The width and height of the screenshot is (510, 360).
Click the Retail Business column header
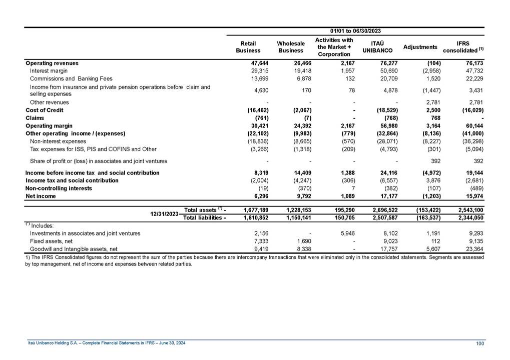[248, 47]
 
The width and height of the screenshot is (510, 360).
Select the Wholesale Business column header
[291, 47]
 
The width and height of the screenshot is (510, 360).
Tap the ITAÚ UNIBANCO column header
[377, 47]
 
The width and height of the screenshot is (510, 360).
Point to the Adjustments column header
[420, 47]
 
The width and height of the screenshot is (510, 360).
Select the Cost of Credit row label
[45, 110]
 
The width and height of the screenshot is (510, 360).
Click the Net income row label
[41, 196]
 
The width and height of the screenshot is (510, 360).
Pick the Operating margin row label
[49, 125]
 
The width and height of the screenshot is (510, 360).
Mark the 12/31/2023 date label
[165, 213]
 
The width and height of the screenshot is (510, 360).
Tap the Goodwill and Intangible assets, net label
[74, 248]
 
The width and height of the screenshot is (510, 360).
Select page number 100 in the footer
[480, 342]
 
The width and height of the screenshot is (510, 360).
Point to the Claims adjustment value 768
[432, 118]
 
